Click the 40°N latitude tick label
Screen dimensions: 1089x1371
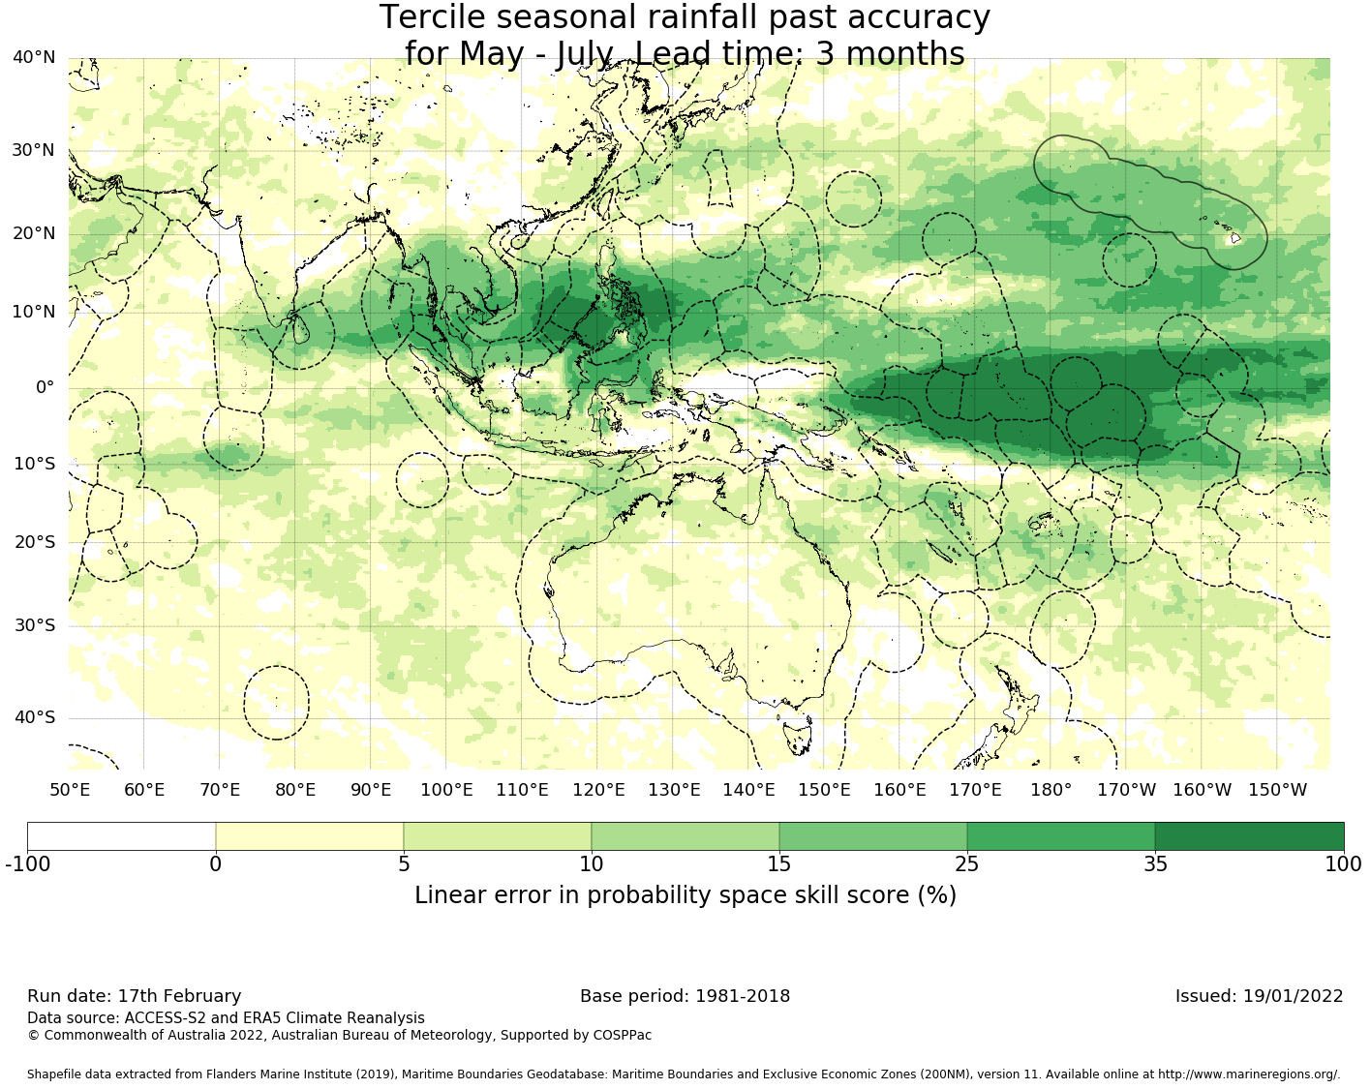pos(34,58)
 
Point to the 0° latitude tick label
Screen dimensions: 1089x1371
pos(45,387)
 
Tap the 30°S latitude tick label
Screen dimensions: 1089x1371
pos(34,625)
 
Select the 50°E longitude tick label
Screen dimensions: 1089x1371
pos(70,790)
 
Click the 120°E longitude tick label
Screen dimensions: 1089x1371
pos(598,790)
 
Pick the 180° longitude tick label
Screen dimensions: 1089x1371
pos(1051,790)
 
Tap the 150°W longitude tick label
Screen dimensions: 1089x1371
pos(1277,790)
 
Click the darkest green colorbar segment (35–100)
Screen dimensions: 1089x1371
pos(1249,836)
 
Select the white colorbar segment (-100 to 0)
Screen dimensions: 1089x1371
pos(121,836)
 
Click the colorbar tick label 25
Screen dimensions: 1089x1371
pos(967,864)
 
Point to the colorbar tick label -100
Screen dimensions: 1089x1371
pos(27,864)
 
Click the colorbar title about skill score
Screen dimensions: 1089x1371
pos(685,895)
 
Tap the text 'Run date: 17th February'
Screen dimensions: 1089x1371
pos(134,996)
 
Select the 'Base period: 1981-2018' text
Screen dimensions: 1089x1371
pos(685,996)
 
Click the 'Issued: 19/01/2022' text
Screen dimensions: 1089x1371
pos(1259,996)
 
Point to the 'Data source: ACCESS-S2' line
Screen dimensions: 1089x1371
pos(226,1017)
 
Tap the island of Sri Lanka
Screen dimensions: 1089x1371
pos(300,331)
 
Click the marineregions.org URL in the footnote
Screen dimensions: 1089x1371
pos(1249,1074)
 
